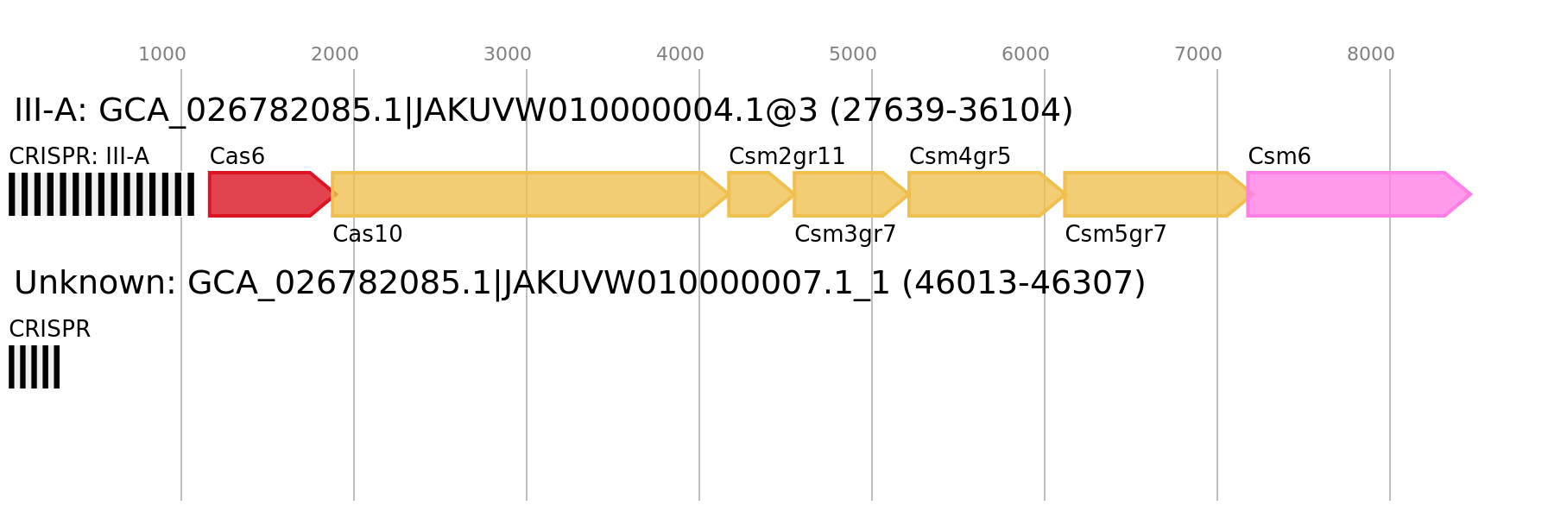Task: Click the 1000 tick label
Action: [x=161, y=54]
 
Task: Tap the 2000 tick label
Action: [x=334, y=54]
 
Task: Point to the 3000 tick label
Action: [x=507, y=54]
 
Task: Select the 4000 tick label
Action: [x=679, y=54]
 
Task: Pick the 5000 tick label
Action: [x=852, y=54]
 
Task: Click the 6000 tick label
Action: [x=1025, y=54]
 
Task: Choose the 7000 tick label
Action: [x=1197, y=54]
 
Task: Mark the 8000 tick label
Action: [x=1370, y=54]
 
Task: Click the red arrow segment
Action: [x=263, y=194]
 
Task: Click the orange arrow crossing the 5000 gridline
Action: [x=846, y=194]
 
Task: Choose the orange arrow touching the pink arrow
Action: [x=1148, y=194]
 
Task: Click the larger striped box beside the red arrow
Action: [x=101, y=194]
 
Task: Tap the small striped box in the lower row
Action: [x=34, y=367]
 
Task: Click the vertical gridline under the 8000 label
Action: [x=1390, y=388]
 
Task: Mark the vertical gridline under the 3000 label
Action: [x=527, y=388]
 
